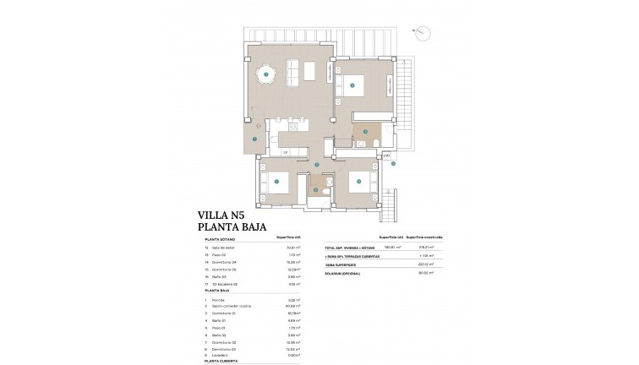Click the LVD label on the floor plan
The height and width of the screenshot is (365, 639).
pyautogui.click(x=386, y=155)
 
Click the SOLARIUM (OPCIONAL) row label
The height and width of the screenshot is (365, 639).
pyautogui.click(x=345, y=273)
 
